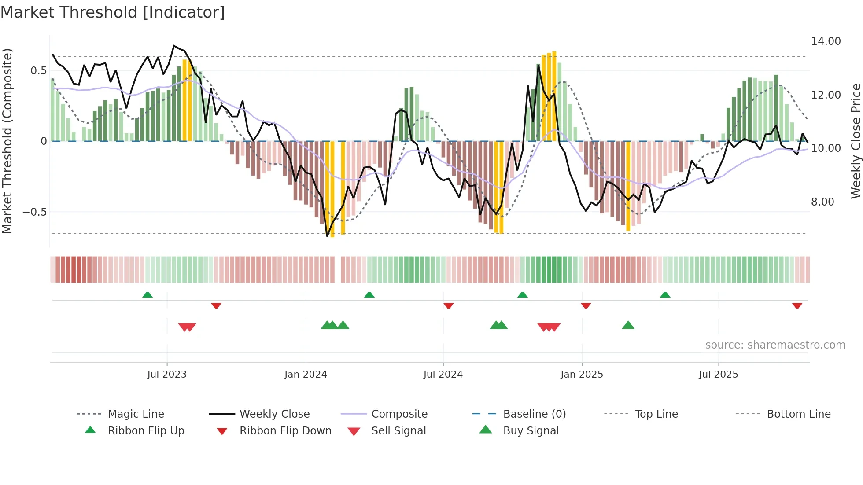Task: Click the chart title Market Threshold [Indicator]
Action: pyautogui.click(x=113, y=12)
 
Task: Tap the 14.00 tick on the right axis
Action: pyautogui.click(x=826, y=41)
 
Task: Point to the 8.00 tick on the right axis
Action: pyautogui.click(x=822, y=202)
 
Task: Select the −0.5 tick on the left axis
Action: pyautogui.click(x=35, y=212)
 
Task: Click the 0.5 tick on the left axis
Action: pyautogui.click(x=38, y=71)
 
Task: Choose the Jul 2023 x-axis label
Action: pyautogui.click(x=167, y=375)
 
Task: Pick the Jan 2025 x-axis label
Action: pyautogui.click(x=582, y=375)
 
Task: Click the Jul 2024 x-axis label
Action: pyautogui.click(x=443, y=375)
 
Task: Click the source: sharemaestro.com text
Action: pyautogui.click(x=775, y=345)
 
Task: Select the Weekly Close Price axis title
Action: pyautogui.click(x=856, y=141)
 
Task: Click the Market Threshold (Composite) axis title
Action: pyautogui.click(x=7, y=141)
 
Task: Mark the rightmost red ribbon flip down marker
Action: pyautogui.click(x=797, y=305)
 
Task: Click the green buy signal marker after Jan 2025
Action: pyautogui.click(x=628, y=325)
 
